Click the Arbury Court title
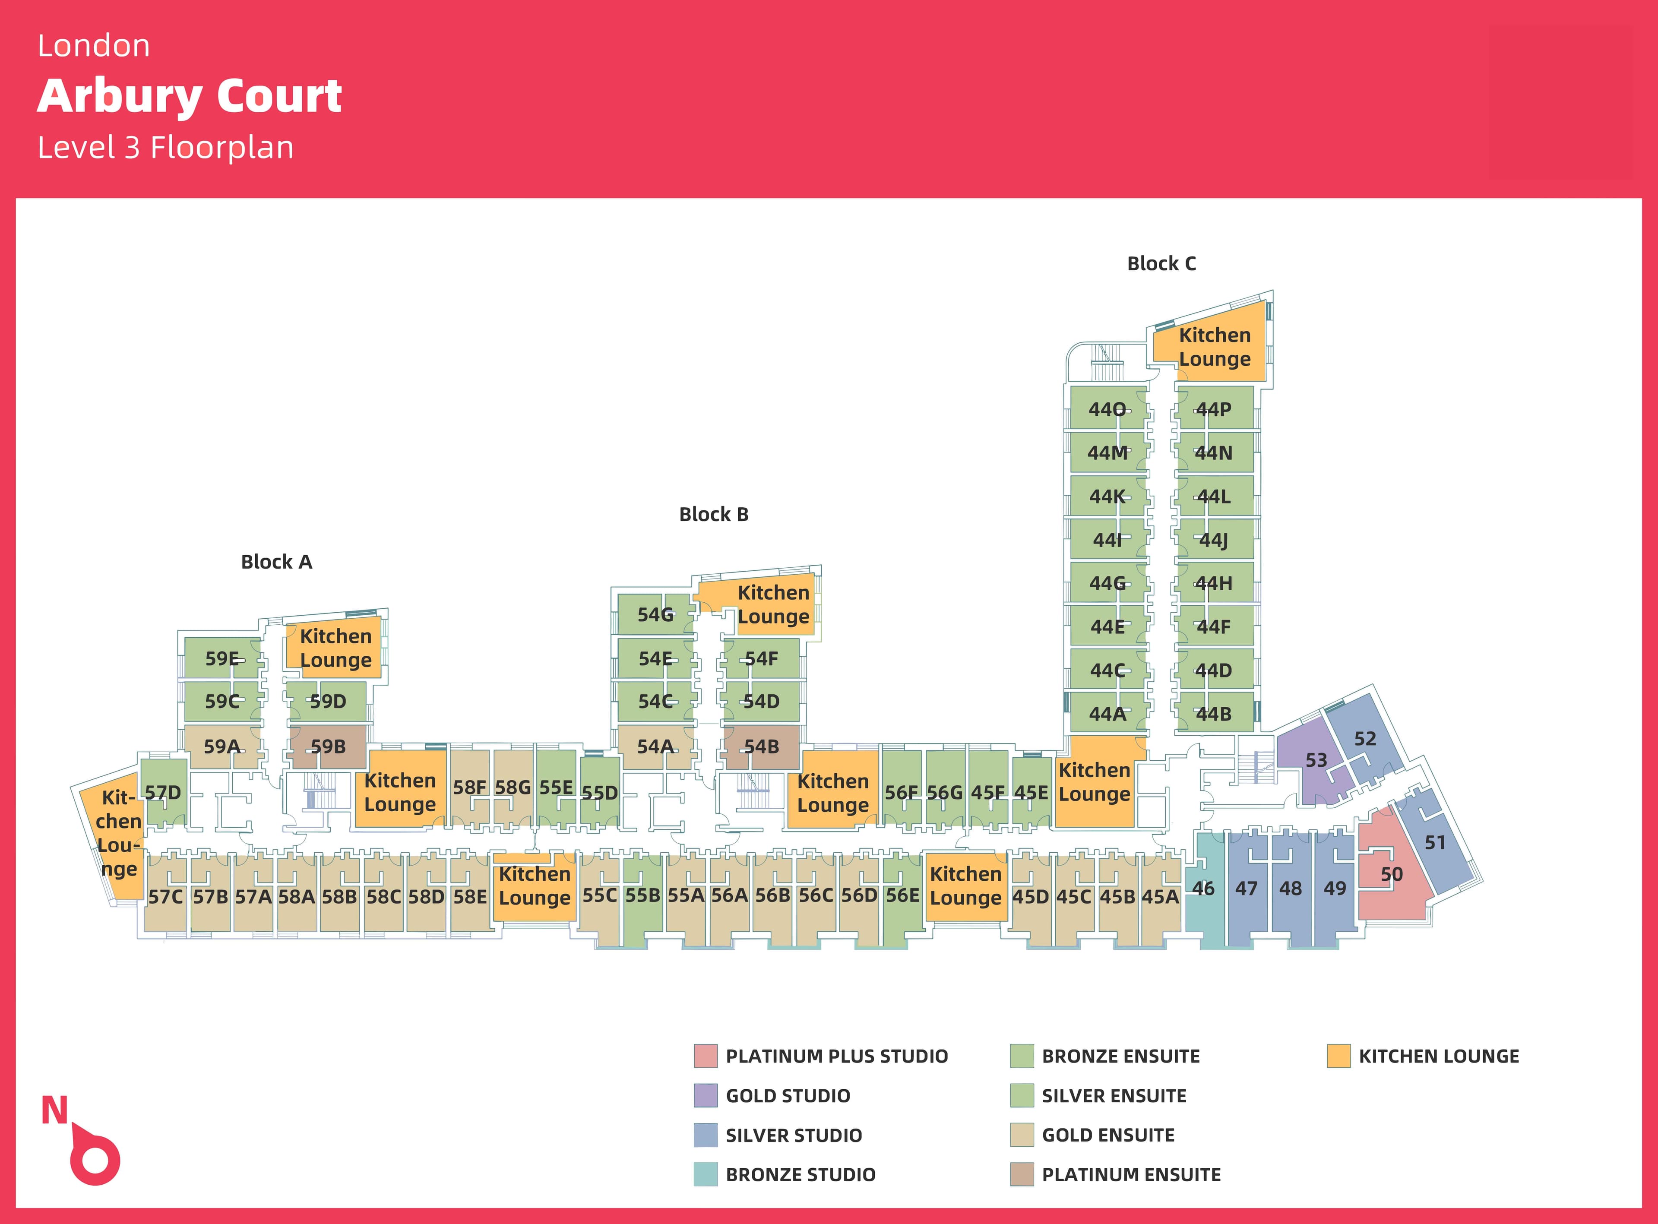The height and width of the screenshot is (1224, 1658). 189,96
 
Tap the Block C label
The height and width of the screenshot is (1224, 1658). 1161,264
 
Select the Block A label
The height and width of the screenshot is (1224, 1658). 276,563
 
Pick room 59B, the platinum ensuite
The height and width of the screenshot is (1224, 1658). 327,747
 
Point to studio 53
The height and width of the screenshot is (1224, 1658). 1316,760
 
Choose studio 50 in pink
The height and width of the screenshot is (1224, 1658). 1391,874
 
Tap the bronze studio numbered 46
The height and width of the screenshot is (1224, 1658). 1203,889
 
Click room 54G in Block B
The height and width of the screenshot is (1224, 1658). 655,615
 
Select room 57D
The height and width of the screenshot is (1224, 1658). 162,793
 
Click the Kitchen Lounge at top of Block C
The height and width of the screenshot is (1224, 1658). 1214,347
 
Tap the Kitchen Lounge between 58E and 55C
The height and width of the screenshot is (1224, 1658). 534,886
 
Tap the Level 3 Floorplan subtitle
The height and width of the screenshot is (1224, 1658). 166,148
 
